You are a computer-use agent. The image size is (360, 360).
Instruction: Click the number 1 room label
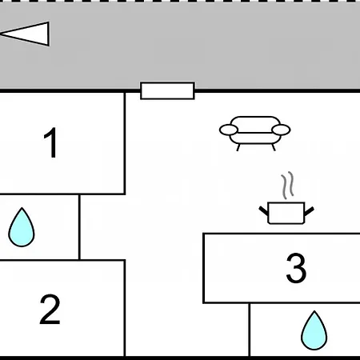[x=51, y=142]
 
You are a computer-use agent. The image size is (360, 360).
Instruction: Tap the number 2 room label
[x=50, y=310]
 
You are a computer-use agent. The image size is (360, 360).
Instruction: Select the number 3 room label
[x=296, y=268]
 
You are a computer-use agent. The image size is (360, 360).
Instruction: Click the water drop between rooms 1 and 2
[x=22, y=227]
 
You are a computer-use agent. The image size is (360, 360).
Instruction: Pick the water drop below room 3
[x=314, y=330]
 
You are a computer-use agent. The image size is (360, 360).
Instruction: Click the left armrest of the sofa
[x=229, y=130]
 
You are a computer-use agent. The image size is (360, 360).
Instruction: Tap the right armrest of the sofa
[x=281, y=130]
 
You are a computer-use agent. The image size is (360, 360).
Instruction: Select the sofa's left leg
[x=238, y=147]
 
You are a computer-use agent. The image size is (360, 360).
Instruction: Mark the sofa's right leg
[x=274, y=147]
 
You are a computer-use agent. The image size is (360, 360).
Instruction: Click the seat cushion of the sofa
[x=255, y=138]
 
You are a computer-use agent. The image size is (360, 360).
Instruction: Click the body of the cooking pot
[x=286, y=213]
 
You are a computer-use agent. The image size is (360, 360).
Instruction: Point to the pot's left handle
[x=263, y=210]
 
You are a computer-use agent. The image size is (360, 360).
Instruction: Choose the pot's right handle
[x=309, y=211]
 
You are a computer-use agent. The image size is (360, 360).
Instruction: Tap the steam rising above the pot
[x=287, y=185]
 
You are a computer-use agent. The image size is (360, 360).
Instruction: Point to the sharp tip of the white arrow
[x=1, y=34]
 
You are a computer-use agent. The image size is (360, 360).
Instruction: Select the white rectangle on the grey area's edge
[x=167, y=91]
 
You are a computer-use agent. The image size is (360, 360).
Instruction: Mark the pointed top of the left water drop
[x=22, y=208]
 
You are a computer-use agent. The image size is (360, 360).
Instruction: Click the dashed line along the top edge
[x=180, y=2]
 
